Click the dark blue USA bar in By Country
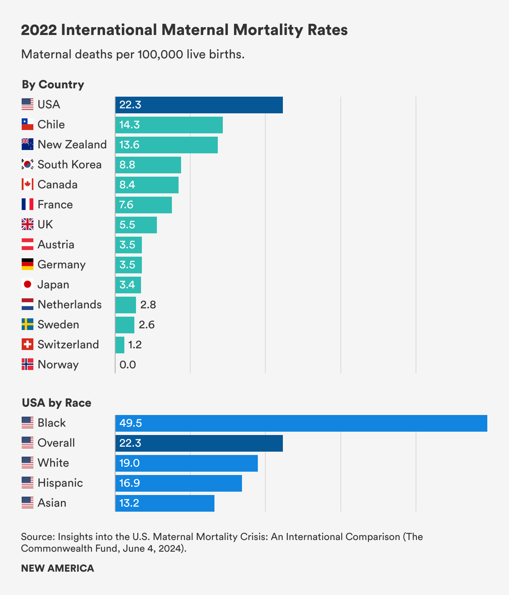tap(199, 105)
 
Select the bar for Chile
tap(169, 125)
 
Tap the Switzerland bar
tap(120, 345)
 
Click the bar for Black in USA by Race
tap(301, 423)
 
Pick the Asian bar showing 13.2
tap(165, 503)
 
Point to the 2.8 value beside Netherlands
tap(148, 305)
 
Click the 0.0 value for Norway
tap(128, 365)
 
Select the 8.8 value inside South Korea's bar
tap(127, 165)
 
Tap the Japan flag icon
tap(28, 285)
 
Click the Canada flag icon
tap(28, 185)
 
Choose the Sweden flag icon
tap(28, 325)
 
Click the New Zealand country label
tap(72, 145)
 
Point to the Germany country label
tap(61, 265)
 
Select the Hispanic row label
tap(60, 483)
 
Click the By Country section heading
tap(53, 85)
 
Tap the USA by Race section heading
tap(56, 403)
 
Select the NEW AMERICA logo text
tap(58, 568)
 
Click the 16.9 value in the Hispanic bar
tap(129, 483)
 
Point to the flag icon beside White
tap(28, 463)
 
